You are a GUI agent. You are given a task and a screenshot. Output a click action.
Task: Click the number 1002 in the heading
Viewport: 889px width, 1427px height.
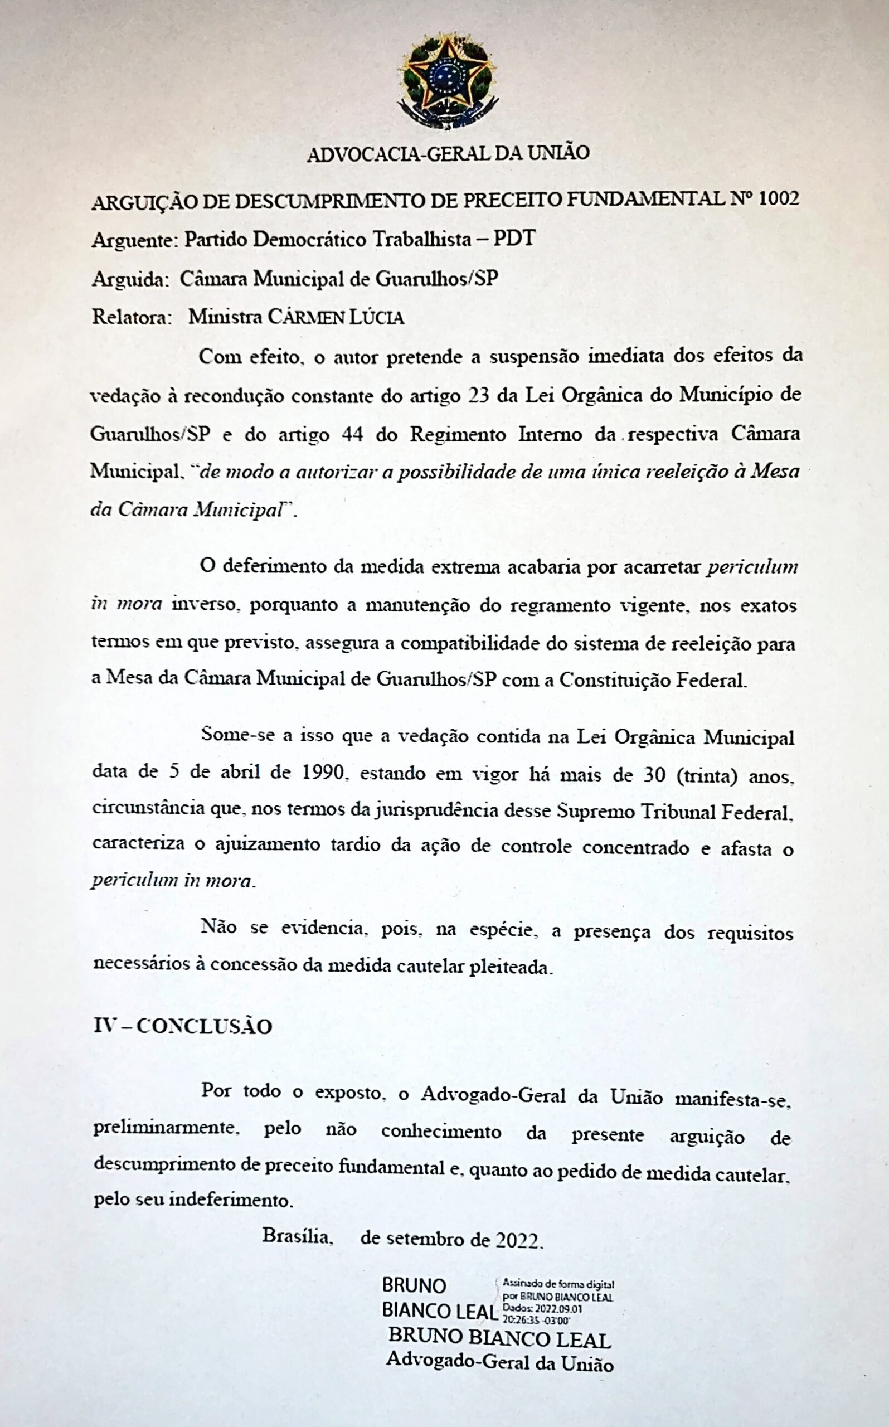779,199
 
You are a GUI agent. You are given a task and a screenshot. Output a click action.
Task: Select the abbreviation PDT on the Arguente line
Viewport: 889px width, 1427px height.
514,239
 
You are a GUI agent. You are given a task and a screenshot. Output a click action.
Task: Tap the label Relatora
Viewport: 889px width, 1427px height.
131,317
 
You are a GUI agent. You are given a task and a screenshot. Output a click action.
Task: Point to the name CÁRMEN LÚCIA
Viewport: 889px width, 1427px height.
336,318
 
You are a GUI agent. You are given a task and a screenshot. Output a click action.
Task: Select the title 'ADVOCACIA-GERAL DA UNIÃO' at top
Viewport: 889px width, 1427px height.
448,153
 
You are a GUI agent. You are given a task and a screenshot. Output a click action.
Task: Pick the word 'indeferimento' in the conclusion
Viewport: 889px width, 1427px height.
231,1200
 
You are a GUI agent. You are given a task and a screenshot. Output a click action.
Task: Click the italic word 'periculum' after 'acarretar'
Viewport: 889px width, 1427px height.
752,567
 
